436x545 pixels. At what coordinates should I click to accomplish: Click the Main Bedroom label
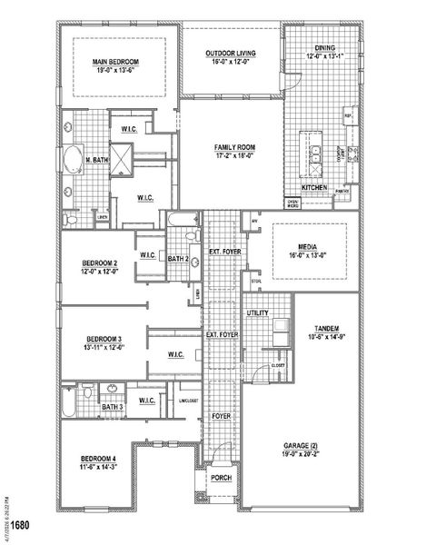[x=114, y=61]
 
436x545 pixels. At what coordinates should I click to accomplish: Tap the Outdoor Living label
[x=230, y=54]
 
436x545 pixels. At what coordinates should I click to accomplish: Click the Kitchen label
[x=315, y=187]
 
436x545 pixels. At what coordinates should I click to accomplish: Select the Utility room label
[x=256, y=313]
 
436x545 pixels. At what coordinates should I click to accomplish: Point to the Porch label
[x=221, y=478]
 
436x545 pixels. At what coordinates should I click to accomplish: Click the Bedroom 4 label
[x=98, y=457]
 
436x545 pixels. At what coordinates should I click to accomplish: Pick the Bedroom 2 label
[x=101, y=263]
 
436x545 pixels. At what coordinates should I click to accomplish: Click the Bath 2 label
[x=178, y=260]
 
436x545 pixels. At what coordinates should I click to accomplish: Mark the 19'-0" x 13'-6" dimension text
[x=114, y=69]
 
